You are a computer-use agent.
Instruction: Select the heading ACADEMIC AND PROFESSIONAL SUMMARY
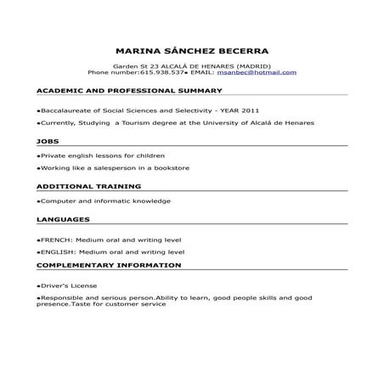pyautogui.click(x=129, y=90)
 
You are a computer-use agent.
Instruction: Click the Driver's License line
pyautogui.click(x=68, y=285)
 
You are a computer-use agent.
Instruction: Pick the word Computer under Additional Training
pyautogui.click(x=57, y=201)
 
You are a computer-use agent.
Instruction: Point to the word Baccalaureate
pyautogui.click(x=67, y=110)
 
